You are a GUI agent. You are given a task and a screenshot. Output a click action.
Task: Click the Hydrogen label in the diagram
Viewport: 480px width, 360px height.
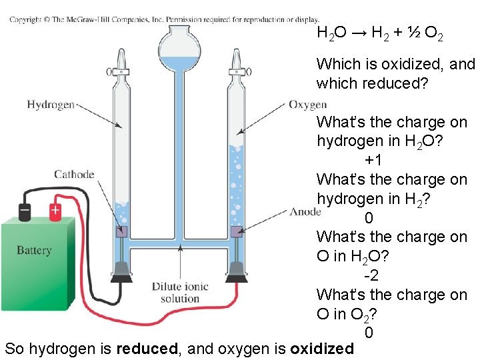pyautogui.click(x=50, y=104)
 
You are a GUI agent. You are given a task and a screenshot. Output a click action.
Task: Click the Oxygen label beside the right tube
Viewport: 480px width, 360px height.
pyautogui.click(x=307, y=104)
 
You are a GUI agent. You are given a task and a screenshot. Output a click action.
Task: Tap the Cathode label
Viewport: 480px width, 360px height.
pyautogui.click(x=74, y=175)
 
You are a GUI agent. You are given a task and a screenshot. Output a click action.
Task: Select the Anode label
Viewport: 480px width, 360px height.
pyautogui.click(x=305, y=212)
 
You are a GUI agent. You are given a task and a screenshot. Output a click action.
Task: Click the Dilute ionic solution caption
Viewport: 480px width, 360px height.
pyautogui.click(x=180, y=293)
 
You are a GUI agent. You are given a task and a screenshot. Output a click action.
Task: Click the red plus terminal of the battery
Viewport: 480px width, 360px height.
pyautogui.click(x=55, y=211)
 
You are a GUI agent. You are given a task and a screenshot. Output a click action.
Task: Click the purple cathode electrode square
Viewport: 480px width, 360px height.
pyautogui.click(x=121, y=232)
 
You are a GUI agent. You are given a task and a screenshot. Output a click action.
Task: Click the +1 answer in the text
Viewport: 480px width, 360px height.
pyautogui.click(x=373, y=161)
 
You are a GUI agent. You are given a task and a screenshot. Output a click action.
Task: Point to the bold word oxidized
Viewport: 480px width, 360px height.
pyautogui.click(x=322, y=349)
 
